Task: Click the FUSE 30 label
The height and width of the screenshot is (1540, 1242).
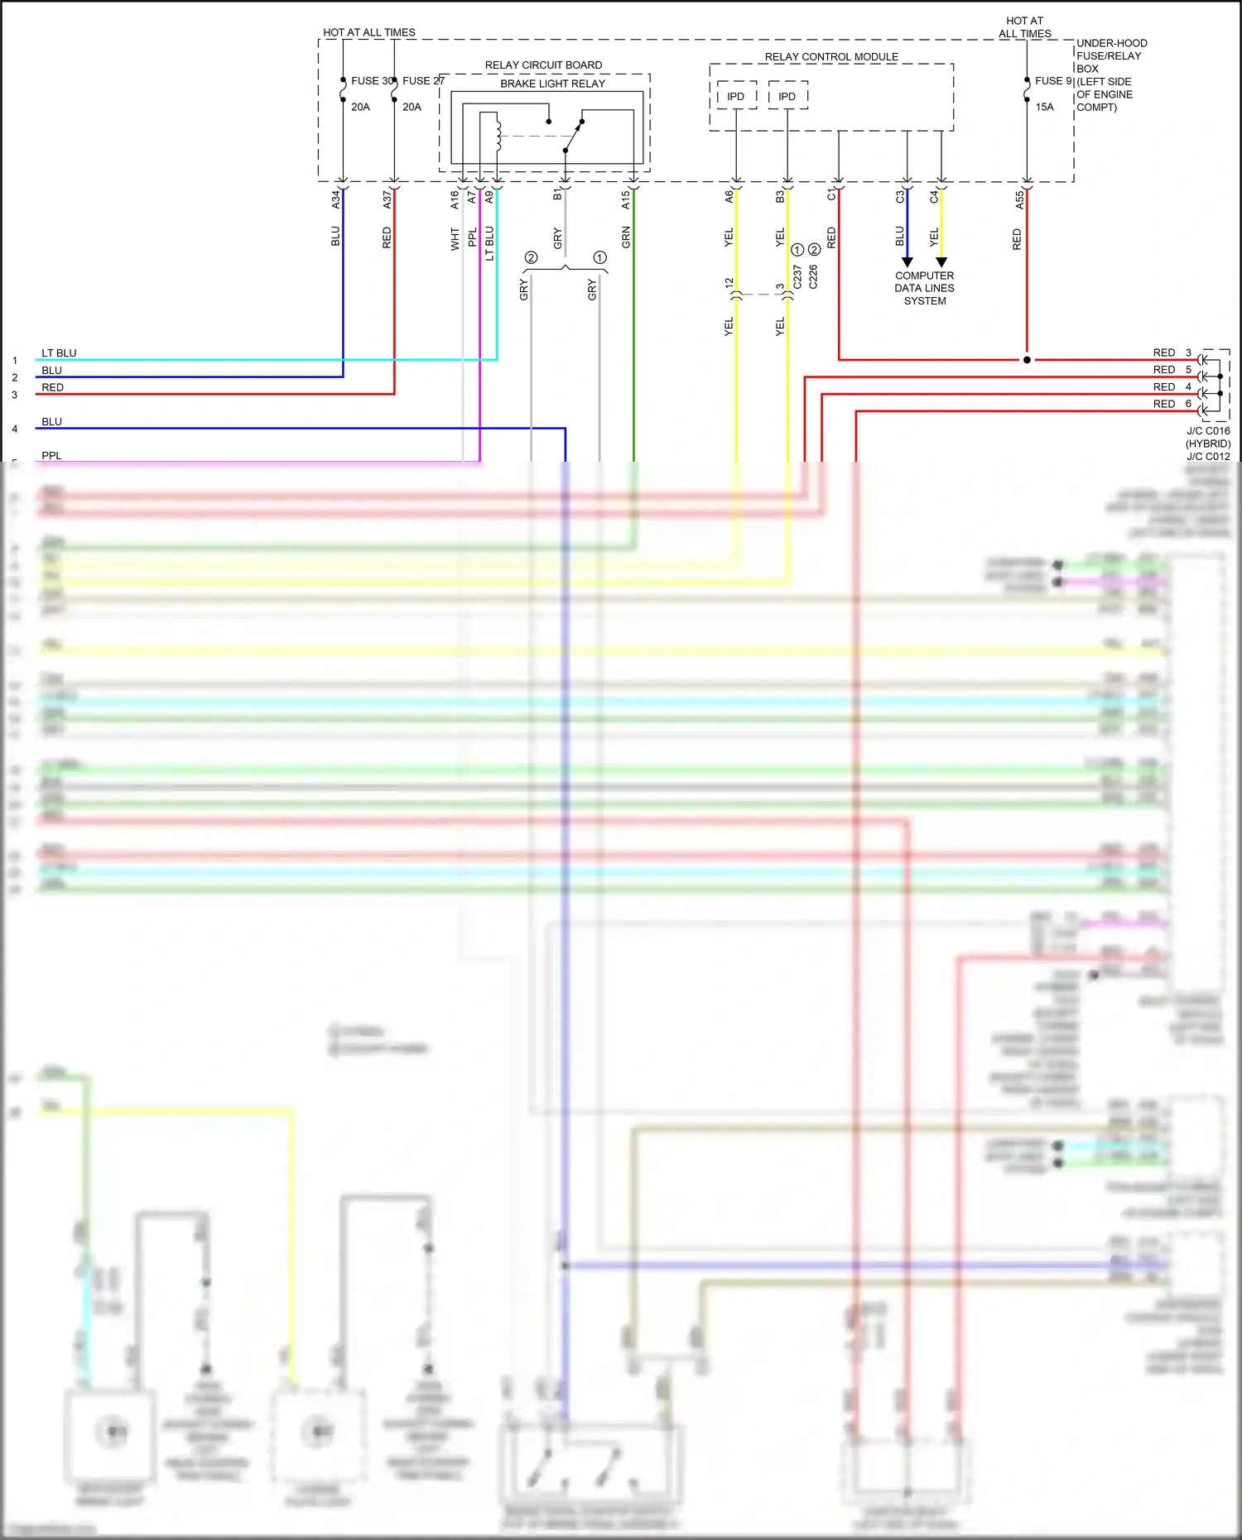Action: [370, 81]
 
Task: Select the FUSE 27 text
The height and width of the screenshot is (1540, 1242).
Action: [423, 81]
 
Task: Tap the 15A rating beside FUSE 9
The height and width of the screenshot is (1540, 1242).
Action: [1044, 107]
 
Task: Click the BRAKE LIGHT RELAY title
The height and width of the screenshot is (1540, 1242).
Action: [552, 84]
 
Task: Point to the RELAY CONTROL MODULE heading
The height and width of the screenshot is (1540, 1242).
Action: [831, 57]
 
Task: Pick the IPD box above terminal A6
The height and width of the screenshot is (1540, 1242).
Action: [736, 96]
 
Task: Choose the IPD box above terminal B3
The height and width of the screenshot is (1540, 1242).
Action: [787, 96]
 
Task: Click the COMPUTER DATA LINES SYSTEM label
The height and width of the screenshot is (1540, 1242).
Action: [924, 288]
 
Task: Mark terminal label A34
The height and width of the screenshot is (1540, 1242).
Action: [335, 199]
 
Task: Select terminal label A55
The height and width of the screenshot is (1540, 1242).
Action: [1019, 200]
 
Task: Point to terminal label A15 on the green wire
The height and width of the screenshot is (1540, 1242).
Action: [626, 199]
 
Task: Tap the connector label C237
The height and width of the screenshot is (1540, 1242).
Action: [797, 276]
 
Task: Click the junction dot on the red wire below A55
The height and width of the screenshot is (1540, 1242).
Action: [1027, 360]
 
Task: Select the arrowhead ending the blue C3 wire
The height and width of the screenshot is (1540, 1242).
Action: [907, 261]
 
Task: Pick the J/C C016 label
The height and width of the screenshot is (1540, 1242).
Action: [1208, 431]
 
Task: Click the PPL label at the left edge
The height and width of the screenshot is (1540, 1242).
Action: [51, 456]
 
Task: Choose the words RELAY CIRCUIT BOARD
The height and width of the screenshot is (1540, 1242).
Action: [543, 65]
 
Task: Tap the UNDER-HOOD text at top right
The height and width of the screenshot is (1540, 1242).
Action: [1111, 43]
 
